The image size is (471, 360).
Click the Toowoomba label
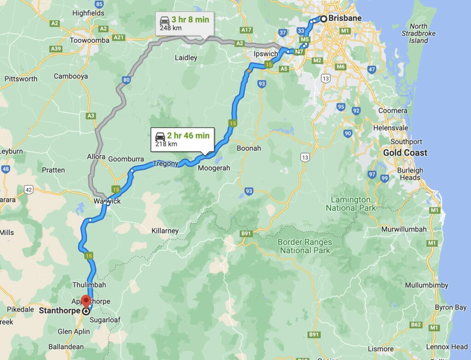tap(89, 40)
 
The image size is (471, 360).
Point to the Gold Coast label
tap(405, 152)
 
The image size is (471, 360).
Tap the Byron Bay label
tap(451, 307)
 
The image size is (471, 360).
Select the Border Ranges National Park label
tap(304, 246)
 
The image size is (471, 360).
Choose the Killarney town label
tap(165, 230)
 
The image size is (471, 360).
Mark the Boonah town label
tap(249, 148)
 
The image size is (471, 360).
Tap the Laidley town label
tap(186, 58)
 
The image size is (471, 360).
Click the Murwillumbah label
tap(403, 229)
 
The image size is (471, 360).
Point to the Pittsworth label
tap(21, 79)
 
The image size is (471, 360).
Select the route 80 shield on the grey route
tap(126, 80)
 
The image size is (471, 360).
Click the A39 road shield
tap(56, 48)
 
